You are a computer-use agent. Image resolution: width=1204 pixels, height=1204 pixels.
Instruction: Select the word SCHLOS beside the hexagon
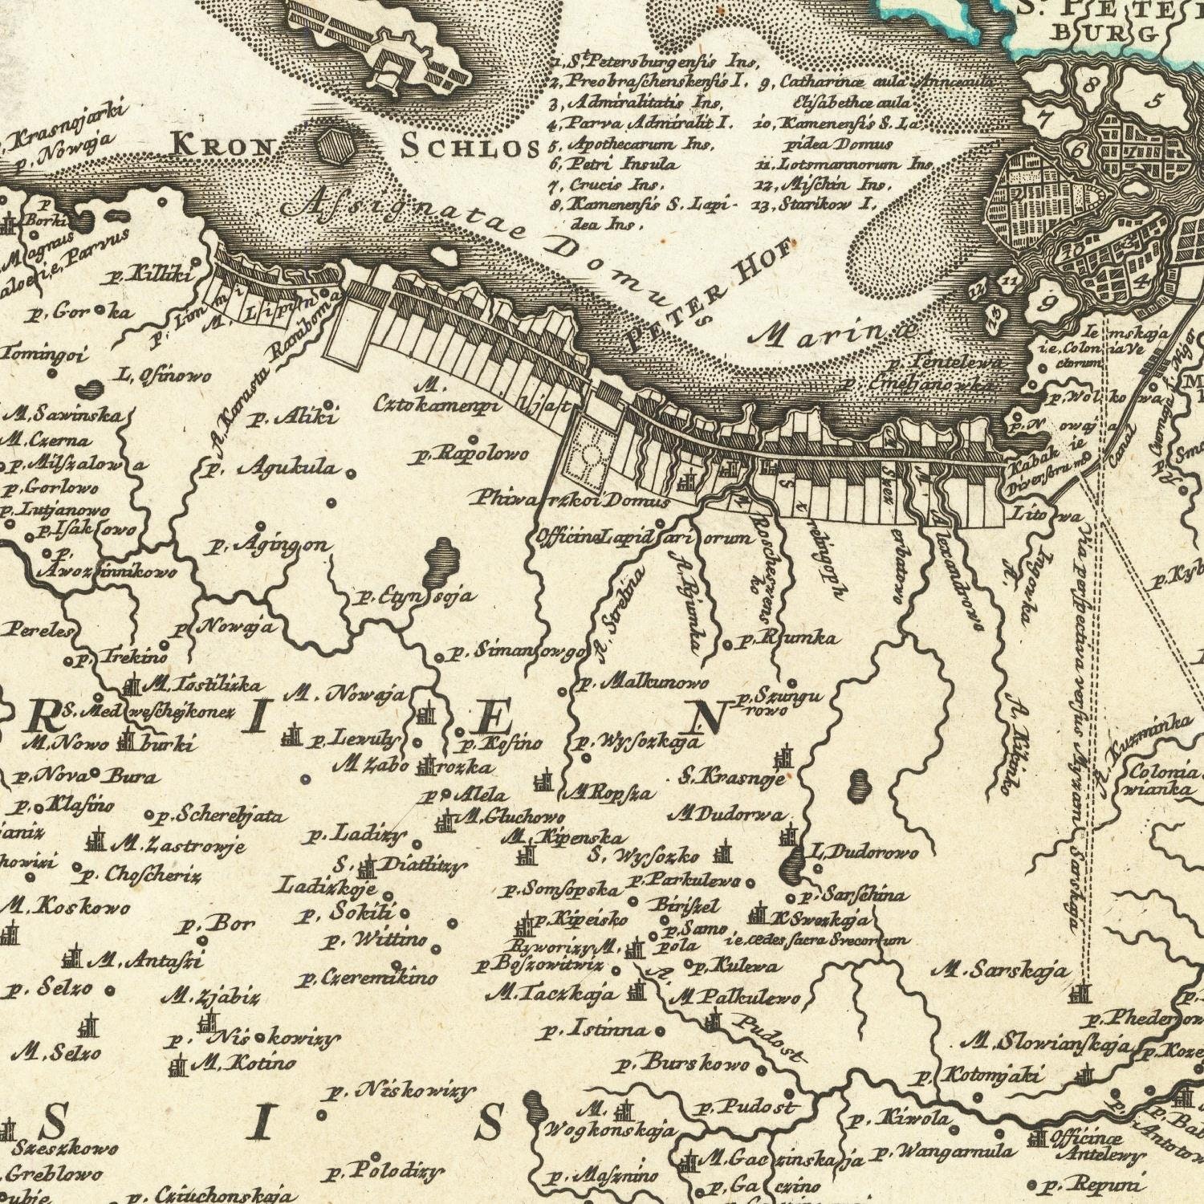click(470, 147)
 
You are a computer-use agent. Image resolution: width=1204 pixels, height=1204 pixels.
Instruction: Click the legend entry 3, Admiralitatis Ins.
click(638, 104)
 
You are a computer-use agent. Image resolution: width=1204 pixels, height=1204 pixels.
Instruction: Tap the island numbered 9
click(1046, 303)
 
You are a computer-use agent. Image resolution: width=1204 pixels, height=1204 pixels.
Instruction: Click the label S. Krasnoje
click(730, 776)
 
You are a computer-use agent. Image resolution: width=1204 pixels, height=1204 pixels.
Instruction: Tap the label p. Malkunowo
click(643, 684)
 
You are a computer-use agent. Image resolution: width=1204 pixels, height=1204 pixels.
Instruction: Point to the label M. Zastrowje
click(177, 844)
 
